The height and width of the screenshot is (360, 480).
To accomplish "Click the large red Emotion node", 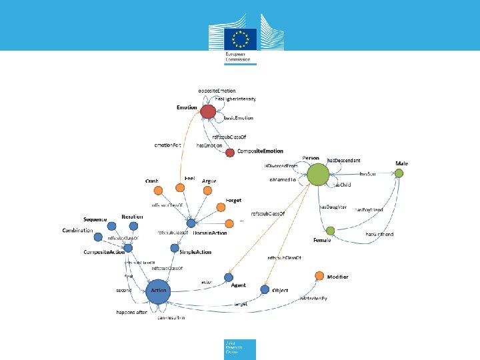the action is coord(208,111).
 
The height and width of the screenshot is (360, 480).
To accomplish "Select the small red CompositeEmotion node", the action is coord(230,153).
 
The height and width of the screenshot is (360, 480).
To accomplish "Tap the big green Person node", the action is coord(318,175).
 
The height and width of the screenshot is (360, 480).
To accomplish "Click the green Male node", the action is coord(399,173).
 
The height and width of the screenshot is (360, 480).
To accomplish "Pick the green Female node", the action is coord(330,231).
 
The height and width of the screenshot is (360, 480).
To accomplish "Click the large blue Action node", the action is coord(158,291).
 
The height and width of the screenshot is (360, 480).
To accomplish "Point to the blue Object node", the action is coord(265,289).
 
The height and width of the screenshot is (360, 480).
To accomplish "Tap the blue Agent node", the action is coord(229,277).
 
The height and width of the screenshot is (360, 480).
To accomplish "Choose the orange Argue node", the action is coord(207,191).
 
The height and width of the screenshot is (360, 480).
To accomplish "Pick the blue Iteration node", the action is coord(133,226).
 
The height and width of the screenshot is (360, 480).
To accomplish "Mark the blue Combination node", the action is coord(98,237).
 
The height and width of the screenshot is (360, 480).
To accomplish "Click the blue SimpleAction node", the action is coord(174,248).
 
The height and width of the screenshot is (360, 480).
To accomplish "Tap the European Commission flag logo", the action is coord(239,38).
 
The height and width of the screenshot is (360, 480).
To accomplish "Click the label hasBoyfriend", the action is coord(369,209).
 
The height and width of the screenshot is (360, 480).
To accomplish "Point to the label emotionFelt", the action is coord(168,145).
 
